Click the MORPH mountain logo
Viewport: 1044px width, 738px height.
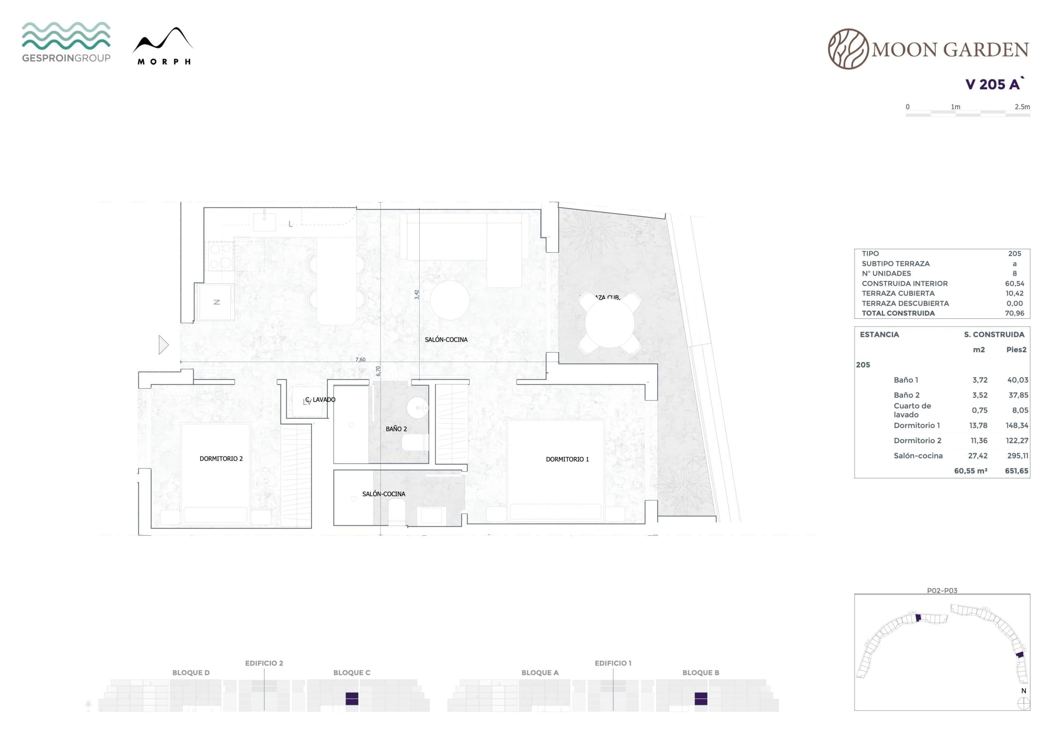[x=163, y=46]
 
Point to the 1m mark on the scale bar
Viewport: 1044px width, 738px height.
[x=956, y=107]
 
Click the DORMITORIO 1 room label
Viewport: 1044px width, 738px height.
[x=567, y=459]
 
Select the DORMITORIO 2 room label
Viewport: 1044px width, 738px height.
[x=221, y=459]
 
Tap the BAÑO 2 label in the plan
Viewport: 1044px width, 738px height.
[x=396, y=429]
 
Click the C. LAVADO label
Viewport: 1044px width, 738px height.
[x=320, y=400]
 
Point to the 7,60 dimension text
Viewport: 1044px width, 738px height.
[x=360, y=360]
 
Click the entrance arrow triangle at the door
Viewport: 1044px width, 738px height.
[x=163, y=345]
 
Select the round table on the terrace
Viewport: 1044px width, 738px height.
[x=610, y=324]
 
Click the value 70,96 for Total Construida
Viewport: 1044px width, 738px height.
[x=1015, y=313]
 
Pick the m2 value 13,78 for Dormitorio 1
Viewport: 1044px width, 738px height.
[x=978, y=426]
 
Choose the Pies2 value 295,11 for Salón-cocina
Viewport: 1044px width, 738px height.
[x=1017, y=455]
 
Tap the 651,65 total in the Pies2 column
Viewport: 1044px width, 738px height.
[x=1017, y=471]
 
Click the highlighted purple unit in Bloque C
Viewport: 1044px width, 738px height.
[x=352, y=698]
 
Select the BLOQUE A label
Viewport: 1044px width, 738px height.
[x=540, y=672]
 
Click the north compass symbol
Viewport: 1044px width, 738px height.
[x=1024, y=703]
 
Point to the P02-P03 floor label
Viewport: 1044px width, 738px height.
[x=942, y=591]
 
